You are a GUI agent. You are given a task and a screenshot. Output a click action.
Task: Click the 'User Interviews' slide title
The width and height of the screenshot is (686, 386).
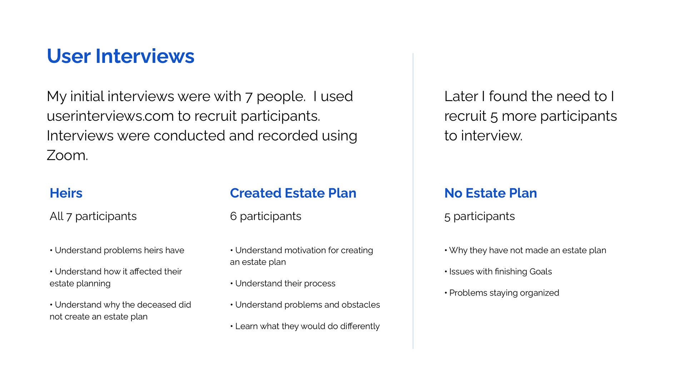[120, 56]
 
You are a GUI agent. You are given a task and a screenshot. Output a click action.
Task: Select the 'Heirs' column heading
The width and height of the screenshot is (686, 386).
[66, 193]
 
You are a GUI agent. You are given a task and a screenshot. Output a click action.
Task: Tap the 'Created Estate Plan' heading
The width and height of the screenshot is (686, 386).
[293, 193]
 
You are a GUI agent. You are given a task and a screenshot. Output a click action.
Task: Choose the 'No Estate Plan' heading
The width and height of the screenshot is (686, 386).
[491, 193]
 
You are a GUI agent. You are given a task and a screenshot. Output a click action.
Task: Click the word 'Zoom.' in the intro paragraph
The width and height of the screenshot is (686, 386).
[67, 155]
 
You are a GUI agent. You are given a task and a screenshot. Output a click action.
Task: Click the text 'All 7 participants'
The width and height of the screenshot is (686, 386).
[93, 216]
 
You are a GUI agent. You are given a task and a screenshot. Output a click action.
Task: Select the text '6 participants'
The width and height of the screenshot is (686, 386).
[265, 216]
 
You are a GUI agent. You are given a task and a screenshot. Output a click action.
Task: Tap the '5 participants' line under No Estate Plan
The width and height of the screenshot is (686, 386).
[479, 216]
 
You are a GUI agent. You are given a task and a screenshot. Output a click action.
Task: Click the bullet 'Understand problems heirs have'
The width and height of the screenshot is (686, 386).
[117, 250]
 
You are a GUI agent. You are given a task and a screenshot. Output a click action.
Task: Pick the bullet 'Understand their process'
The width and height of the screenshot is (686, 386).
[283, 283]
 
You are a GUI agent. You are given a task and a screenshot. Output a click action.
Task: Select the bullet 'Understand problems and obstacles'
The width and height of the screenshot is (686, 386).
[305, 305]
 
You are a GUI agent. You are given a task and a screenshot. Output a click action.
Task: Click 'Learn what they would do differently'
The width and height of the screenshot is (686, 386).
[305, 326]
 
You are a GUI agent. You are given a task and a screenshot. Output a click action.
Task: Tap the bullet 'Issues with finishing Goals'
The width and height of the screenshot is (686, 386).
[498, 272]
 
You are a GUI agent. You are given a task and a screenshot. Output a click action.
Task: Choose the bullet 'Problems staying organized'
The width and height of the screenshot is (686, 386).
[502, 293]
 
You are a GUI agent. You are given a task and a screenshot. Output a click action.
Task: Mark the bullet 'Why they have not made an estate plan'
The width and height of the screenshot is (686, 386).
[525, 250]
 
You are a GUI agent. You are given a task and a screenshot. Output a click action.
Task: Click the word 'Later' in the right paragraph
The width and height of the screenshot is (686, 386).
[461, 96]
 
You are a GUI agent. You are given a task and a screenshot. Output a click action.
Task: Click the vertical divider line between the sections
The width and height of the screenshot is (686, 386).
[413, 201]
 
